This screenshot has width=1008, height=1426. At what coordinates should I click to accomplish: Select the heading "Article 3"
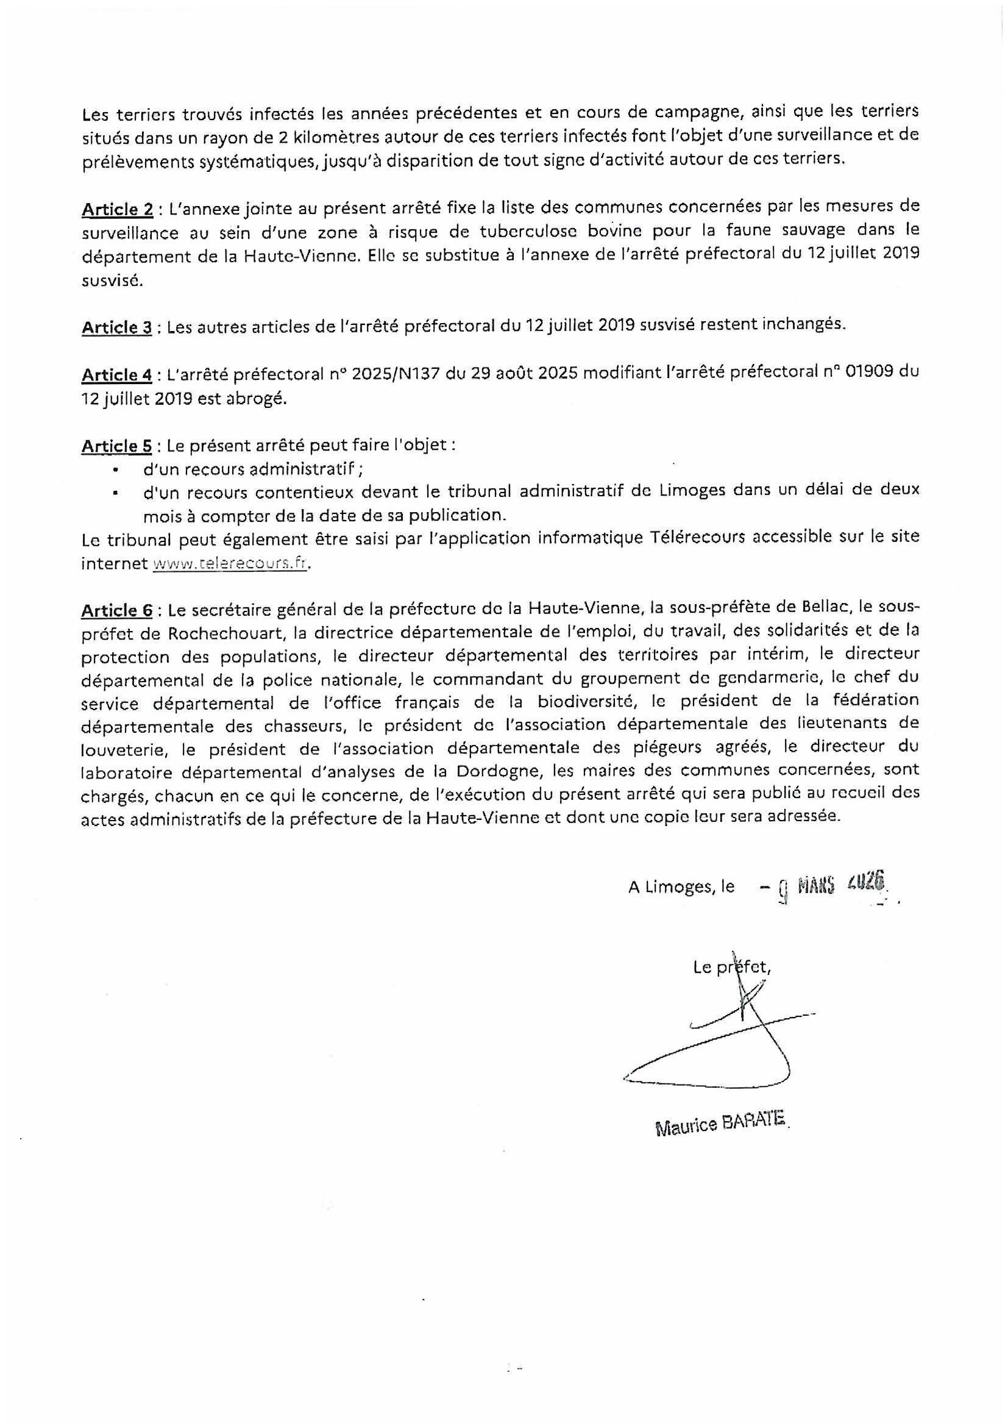pyautogui.click(x=116, y=327)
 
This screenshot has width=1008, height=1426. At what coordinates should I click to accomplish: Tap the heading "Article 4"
pyautogui.click(x=116, y=375)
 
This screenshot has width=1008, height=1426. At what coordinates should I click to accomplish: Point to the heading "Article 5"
pyautogui.click(x=116, y=446)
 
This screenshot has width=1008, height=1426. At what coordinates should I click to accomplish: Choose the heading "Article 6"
pyautogui.click(x=116, y=610)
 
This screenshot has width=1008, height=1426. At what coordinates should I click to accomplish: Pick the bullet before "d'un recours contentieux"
pyautogui.click(x=116, y=493)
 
